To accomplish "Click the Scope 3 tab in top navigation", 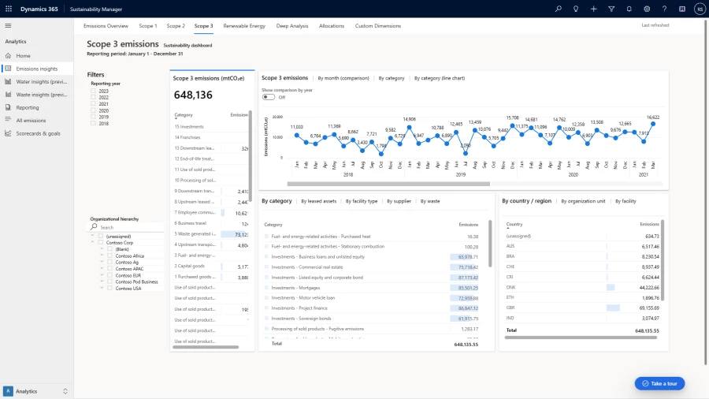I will [203, 26].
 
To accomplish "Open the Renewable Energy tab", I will [244, 26].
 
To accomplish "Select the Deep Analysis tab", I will [292, 26].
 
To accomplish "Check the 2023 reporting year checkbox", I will [94, 91].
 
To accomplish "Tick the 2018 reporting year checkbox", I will [94, 123].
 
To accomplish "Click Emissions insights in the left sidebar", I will [36, 69].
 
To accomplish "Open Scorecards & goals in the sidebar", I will [38, 133].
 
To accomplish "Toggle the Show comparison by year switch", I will [269, 97].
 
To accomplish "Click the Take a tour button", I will [660, 383].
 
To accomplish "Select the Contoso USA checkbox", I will [111, 288].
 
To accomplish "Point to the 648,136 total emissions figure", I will [194, 95].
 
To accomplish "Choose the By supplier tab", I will [399, 201].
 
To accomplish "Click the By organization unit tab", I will [583, 201].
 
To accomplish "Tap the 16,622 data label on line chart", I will [653, 117].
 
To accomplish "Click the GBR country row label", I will [511, 308].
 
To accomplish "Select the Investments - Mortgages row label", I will [296, 287].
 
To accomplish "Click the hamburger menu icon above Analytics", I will [9, 26].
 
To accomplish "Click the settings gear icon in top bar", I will [647, 9].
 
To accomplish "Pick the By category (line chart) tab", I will [440, 78].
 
